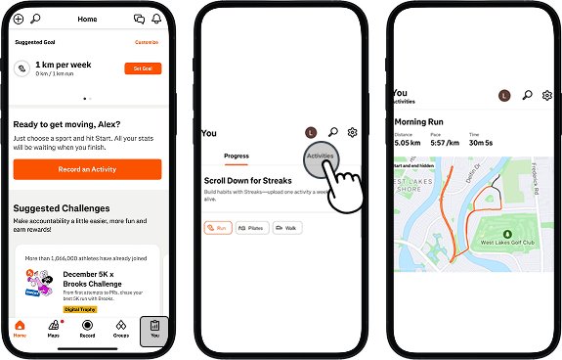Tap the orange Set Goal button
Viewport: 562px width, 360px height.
tap(142, 68)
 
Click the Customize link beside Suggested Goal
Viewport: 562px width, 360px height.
tap(146, 42)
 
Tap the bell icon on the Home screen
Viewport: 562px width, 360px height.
tap(156, 19)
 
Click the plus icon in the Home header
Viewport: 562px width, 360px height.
tap(19, 19)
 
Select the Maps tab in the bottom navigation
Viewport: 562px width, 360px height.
tap(54, 329)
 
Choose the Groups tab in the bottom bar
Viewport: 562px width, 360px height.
tap(121, 329)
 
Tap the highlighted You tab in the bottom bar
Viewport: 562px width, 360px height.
tap(154, 329)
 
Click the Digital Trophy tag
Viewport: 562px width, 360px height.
tap(80, 308)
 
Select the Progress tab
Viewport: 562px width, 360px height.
tap(237, 156)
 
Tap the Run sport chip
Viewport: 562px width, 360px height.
tap(219, 227)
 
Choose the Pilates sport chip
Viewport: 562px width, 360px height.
tap(251, 227)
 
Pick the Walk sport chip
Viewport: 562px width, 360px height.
tap(285, 227)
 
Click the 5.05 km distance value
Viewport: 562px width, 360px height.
tap(408, 142)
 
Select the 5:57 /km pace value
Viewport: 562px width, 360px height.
tap(447, 142)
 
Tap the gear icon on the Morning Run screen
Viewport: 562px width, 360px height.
tap(547, 95)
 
